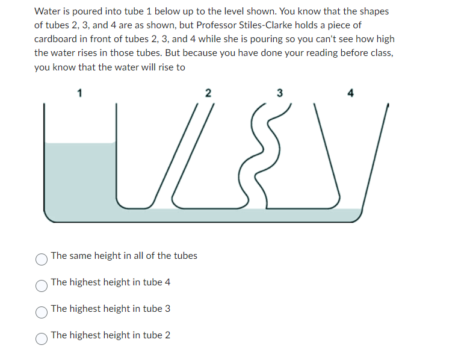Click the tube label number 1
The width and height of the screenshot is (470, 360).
[x=79, y=93]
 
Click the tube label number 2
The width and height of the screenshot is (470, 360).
[x=208, y=93]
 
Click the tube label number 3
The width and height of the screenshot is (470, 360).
[x=279, y=93]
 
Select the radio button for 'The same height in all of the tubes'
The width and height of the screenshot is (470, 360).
[x=41, y=259]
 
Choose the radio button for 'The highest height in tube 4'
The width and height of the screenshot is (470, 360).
[x=41, y=285]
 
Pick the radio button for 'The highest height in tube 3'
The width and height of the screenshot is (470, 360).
[x=41, y=312]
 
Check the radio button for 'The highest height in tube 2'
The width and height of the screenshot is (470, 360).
[x=41, y=338]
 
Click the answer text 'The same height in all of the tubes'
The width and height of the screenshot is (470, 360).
[x=124, y=255]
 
